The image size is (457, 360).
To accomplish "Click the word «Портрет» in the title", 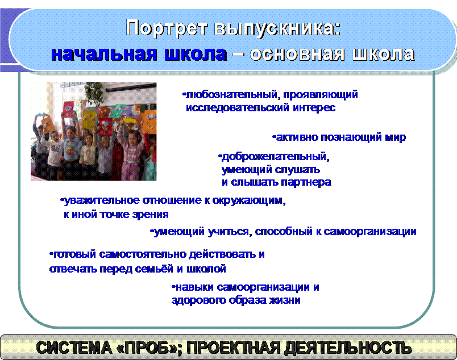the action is [x=167, y=28].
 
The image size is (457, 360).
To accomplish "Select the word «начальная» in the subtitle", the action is [x=104, y=54].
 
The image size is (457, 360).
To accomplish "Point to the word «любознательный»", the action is [x=231, y=95].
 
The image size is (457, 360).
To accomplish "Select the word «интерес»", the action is [x=314, y=108].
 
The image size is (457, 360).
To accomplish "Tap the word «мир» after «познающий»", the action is [x=395, y=137].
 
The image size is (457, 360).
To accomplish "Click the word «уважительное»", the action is [x=101, y=200].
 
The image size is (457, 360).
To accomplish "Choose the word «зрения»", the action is [x=151, y=215].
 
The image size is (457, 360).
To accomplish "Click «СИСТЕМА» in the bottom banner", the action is [x=74, y=348].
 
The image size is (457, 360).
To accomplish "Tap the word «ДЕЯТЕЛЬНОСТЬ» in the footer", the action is [x=348, y=348].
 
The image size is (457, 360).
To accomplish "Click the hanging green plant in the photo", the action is [x=94, y=92].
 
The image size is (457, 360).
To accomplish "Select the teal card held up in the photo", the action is [x=117, y=111].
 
